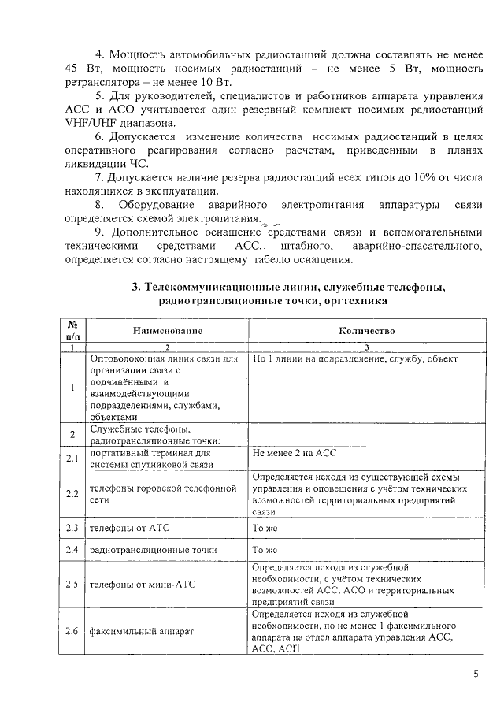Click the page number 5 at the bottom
475,674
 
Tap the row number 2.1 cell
72,458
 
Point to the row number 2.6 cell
72,631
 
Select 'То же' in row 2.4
264,549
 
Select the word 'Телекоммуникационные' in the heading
220,287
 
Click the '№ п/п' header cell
72,331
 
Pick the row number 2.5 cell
72,585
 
